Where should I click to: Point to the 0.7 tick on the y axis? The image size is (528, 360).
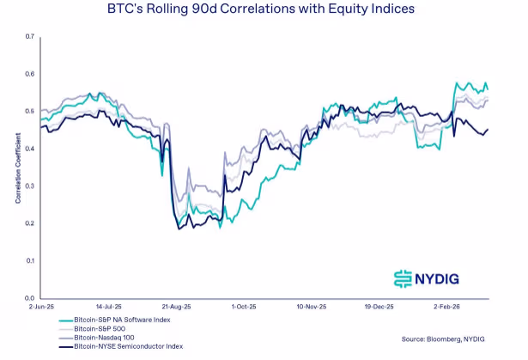pyautogui.click(x=29, y=37)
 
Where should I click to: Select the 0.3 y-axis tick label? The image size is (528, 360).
pyautogui.click(x=29, y=186)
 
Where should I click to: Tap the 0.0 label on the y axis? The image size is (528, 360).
pyautogui.click(x=29, y=297)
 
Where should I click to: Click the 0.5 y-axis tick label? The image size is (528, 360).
pyautogui.click(x=29, y=112)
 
